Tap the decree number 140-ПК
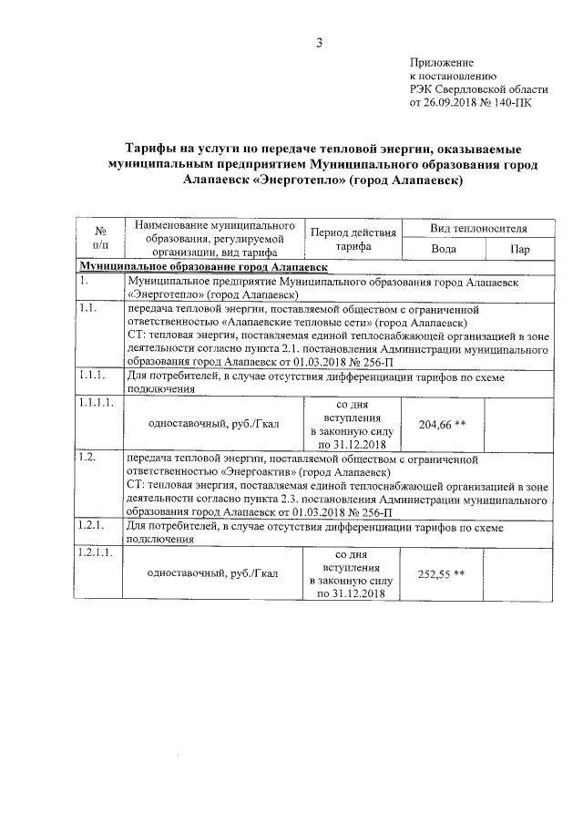[510, 104]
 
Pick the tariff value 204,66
[435, 424]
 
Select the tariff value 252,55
[435, 573]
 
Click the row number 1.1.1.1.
[96, 404]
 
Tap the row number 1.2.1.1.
[96, 553]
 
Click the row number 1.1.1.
[92, 375]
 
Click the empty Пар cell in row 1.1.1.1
[520, 424]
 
